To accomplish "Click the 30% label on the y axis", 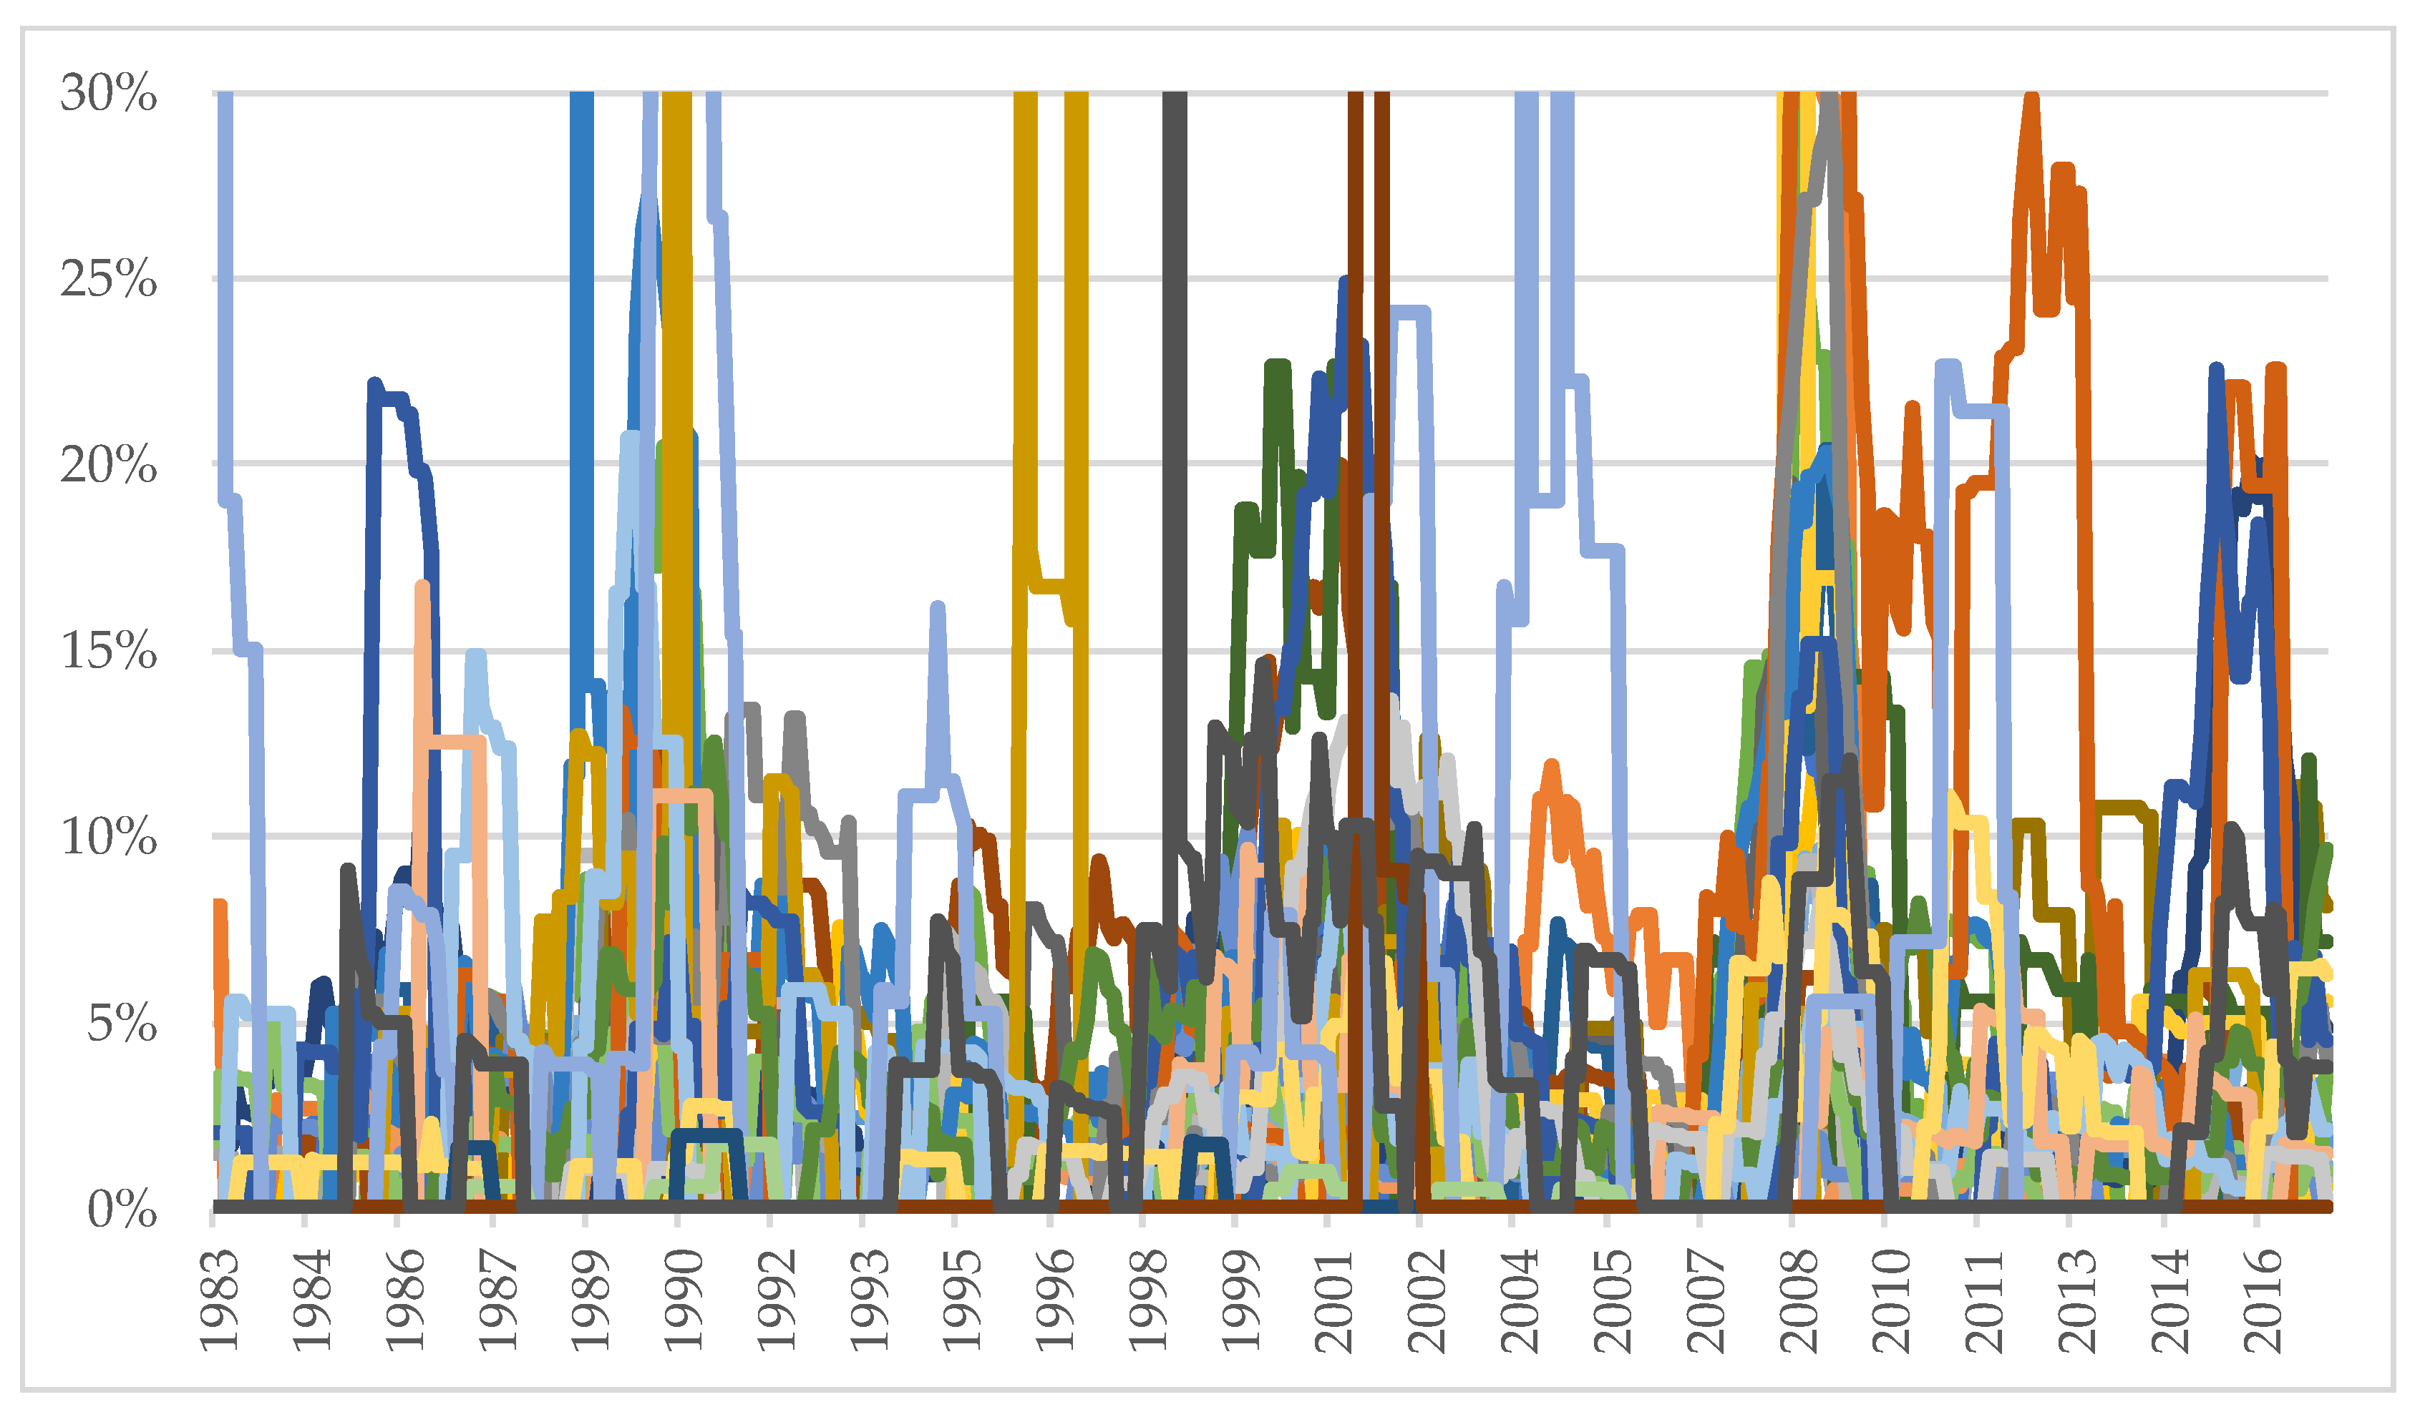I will [x=107, y=94].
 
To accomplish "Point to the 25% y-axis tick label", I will [x=107, y=280].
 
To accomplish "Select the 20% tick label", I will [x=107, y=466].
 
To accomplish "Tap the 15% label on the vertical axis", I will [x=107, y=652].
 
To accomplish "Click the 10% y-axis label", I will [x=107, y=837].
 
